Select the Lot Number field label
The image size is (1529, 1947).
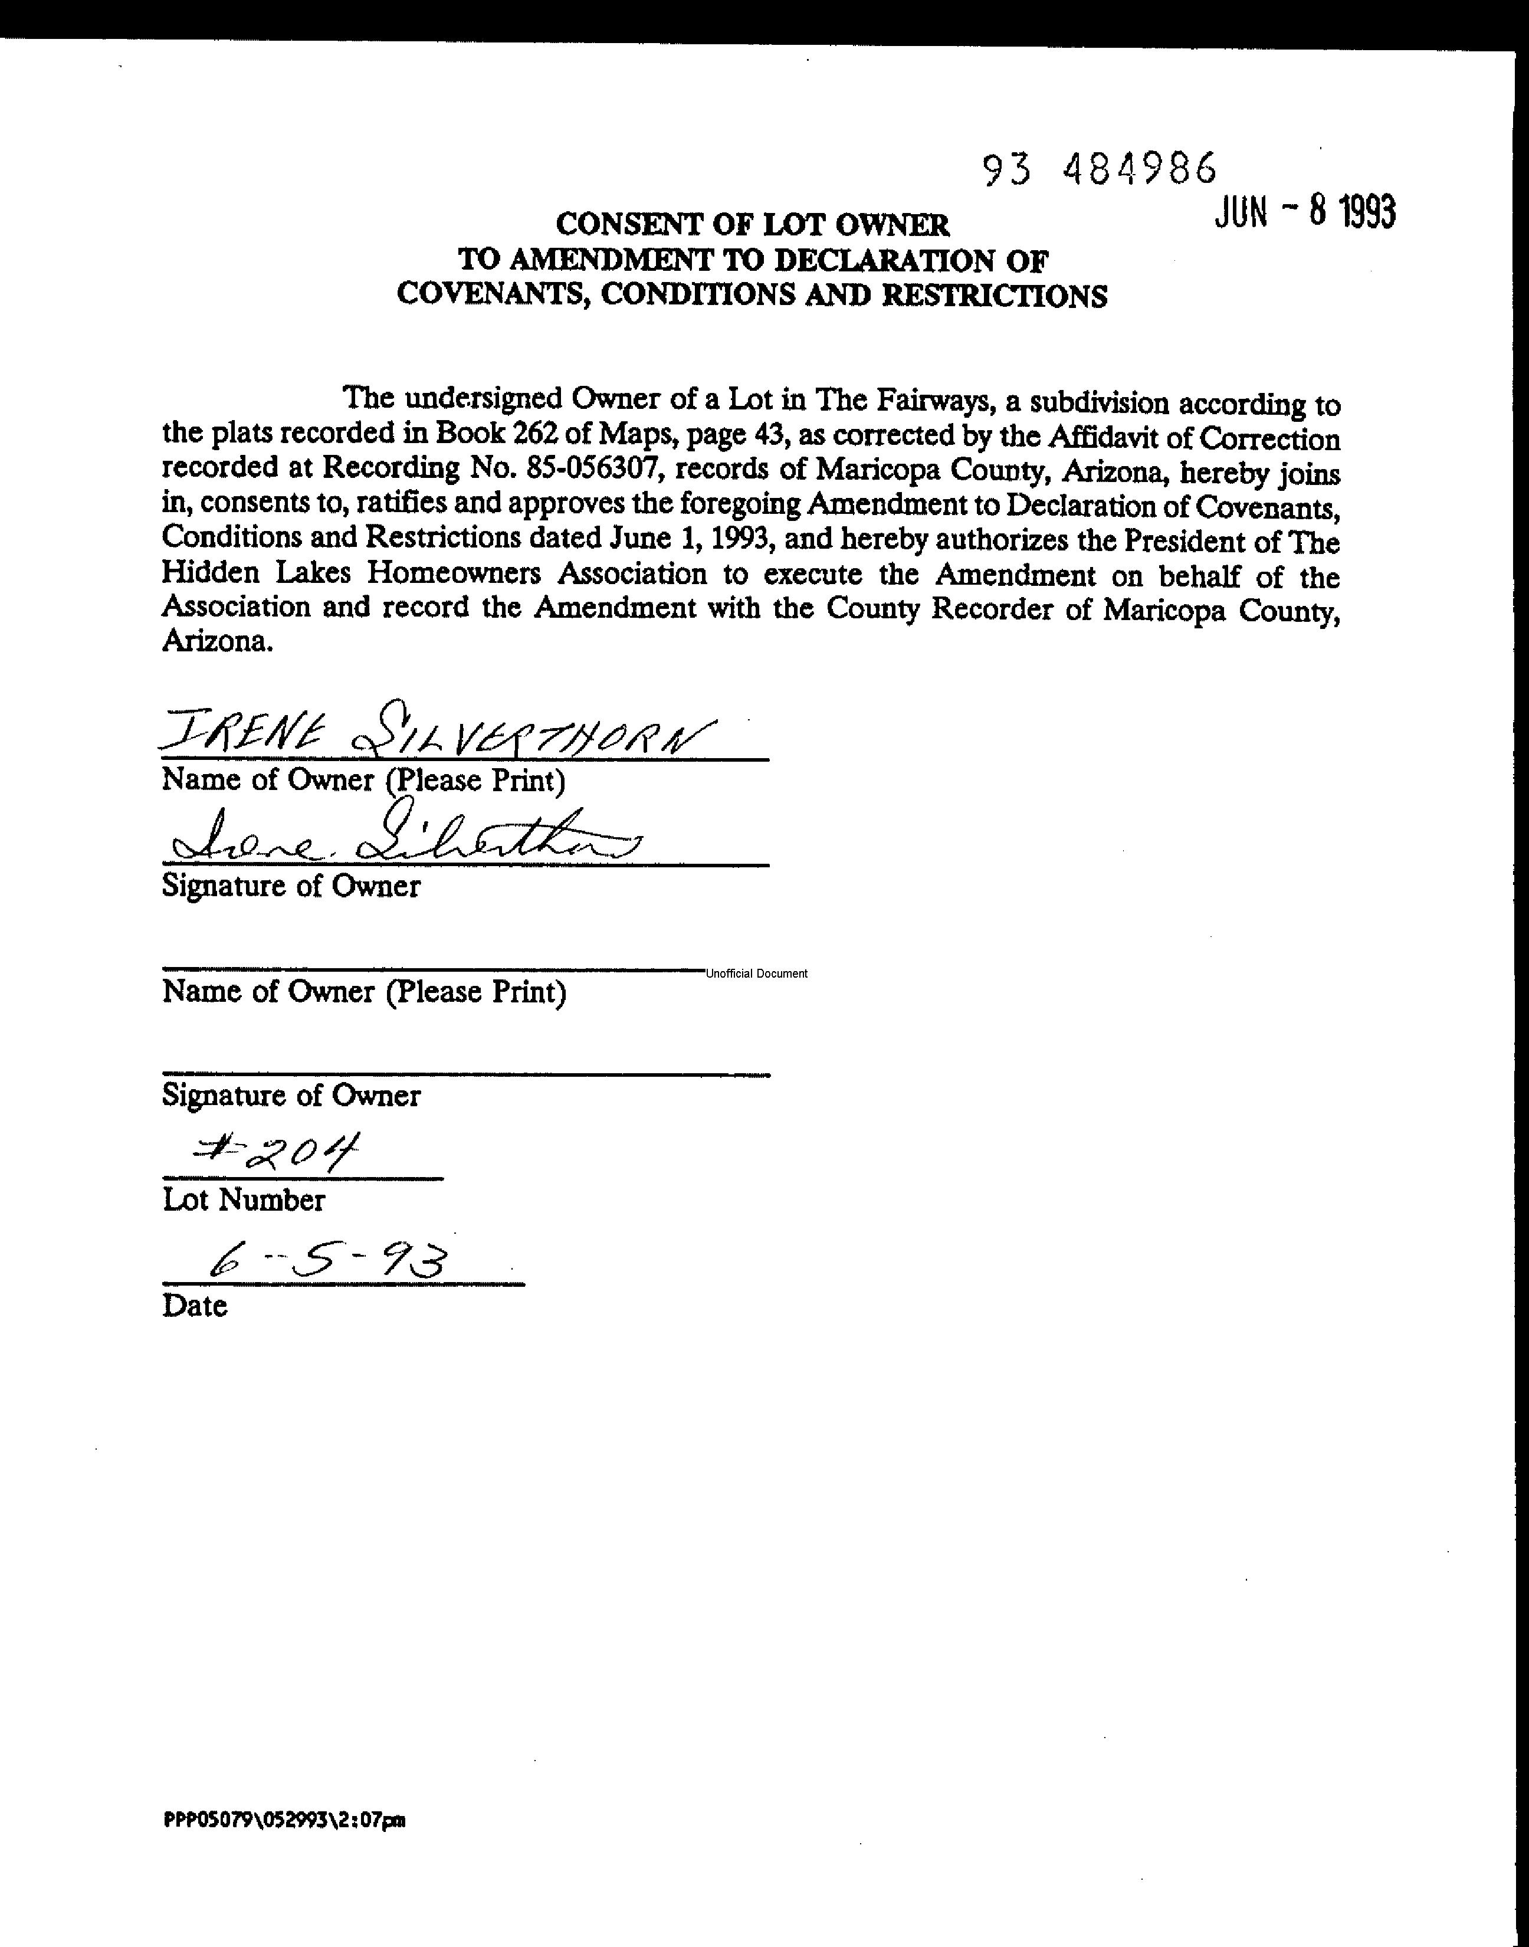tap(244, 1199)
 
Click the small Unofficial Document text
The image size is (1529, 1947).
tap(756, 974)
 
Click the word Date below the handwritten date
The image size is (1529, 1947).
tap(194, 1305)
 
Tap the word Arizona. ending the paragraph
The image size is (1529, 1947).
tap(216, 642)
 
